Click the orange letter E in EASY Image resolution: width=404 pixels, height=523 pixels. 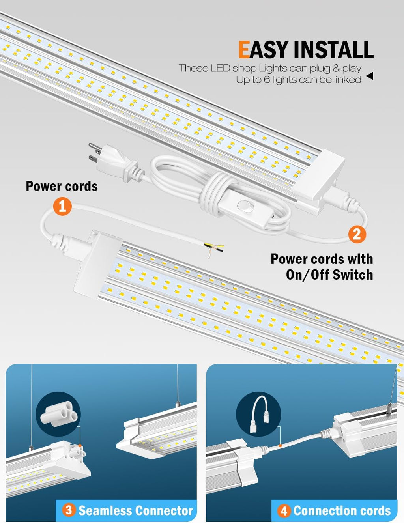[x=244, y=50]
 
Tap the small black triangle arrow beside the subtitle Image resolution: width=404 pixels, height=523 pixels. [x=370, y=76]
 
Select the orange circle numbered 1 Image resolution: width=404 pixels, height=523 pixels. [x=62, y=206]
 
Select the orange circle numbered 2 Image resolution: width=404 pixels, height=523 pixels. [x=357, y=234]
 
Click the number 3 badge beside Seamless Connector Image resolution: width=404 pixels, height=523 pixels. [x=69, y=510]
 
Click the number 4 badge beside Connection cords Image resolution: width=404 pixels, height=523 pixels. [x=284, y=511]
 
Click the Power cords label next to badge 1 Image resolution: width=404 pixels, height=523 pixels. [x=62, y=186]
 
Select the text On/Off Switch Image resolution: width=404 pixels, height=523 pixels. [x=329, y=275]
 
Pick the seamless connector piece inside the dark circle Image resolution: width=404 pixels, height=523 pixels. [x=58, y=414]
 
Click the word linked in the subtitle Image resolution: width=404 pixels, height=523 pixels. [x=348, y=80]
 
